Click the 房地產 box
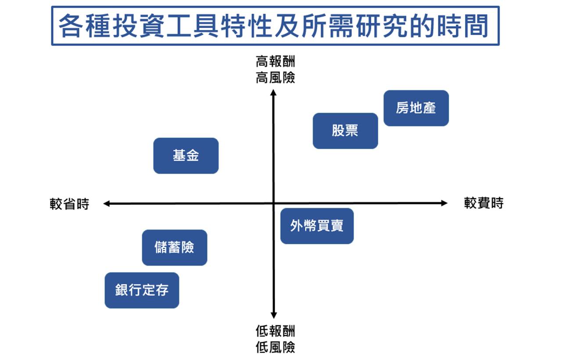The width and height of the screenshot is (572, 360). pos(416,108)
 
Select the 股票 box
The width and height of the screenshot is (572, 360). pos(345,131)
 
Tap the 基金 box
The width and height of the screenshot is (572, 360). pos(186,156)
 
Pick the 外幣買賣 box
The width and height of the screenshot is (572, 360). pos(317,226)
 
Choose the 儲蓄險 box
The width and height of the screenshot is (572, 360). pos(175,247)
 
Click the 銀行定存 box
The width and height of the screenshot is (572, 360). pos(142,290)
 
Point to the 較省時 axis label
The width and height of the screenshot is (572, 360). pos(69,204)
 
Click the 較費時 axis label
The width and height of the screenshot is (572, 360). pos(484,203)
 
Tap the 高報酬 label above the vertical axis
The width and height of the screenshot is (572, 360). pos(275,61)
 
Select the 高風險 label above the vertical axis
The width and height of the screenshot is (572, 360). pos(275,77)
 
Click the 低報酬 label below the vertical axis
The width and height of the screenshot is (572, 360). pos(275,331)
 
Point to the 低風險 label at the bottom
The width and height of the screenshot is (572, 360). pos(275,347)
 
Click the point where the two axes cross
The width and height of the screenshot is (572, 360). pos(273,203)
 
